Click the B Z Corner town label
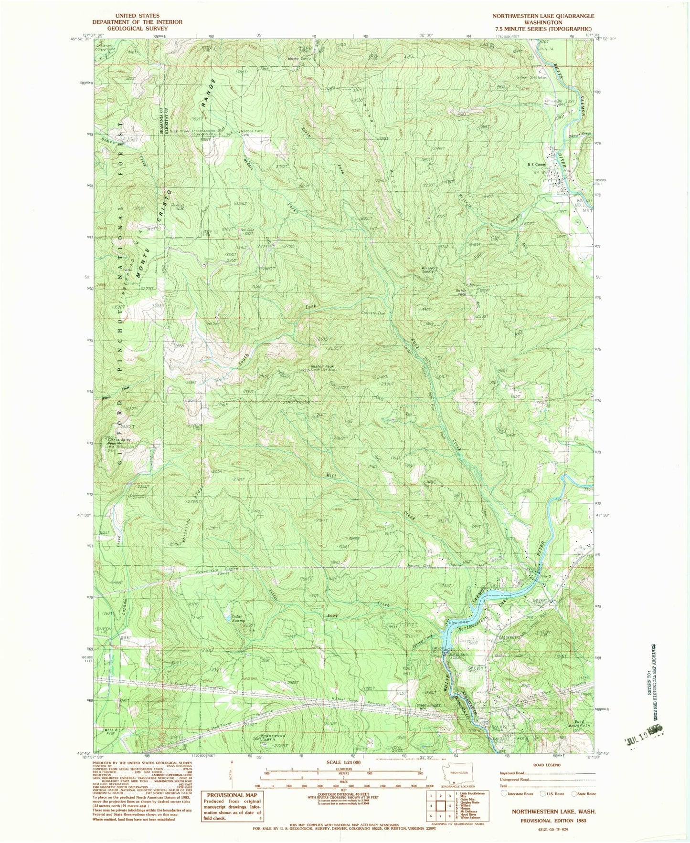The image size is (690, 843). [x=536, y=165]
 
